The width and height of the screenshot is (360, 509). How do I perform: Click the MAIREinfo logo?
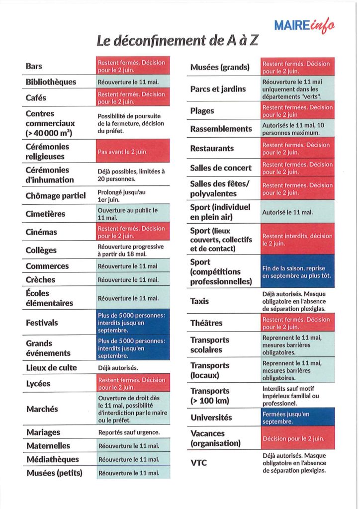coord(304,25)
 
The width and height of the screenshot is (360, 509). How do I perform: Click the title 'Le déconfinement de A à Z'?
coord(177,41)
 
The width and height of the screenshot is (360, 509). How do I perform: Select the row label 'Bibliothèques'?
coord(51,82)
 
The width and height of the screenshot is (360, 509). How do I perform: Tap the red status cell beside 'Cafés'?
coord(133,98)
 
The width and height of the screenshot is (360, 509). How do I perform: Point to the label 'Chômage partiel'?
coord(56,196)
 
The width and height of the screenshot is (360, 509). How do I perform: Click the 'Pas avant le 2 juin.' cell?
coord(133,151)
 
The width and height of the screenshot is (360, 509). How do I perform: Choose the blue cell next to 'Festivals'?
coord(133,323)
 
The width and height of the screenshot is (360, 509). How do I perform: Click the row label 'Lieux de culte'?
coord(52,368)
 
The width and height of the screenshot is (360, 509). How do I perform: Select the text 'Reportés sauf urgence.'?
coord(129,432)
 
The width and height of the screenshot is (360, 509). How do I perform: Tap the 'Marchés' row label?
coord(42,409)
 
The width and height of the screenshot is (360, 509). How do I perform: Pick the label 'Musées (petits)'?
coord(55,473)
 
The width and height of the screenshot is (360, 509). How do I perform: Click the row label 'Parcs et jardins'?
coord(218,89)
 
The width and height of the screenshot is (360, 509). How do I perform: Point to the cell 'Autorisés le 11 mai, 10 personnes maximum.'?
coord(297,129)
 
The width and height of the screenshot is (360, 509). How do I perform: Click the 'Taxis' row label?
coord(199,301)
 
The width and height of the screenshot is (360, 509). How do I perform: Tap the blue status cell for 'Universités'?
coord(297,418)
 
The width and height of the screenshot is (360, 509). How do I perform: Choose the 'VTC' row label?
coord(199,463)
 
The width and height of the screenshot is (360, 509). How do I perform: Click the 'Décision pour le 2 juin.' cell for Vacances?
coord(297,438)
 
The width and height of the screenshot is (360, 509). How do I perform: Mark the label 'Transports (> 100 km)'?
coord(210,396)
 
